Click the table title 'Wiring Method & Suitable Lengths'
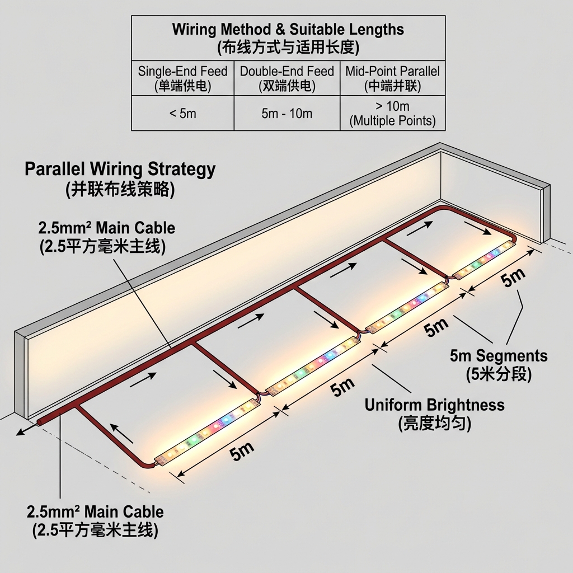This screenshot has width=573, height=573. [288, 29]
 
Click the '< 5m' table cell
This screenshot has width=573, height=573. [182, 114]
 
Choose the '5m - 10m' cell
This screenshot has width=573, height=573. [286, 114]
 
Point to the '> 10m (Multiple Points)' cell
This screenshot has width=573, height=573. [392, 113]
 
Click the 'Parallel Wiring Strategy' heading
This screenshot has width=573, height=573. [120, 169]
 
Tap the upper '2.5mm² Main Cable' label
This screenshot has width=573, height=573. [106, 228]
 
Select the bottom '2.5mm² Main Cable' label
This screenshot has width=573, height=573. [95, 511]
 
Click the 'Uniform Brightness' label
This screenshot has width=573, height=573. [434, 405]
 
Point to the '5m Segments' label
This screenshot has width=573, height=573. [499, 355]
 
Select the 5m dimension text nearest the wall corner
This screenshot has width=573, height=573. [513, 278]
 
